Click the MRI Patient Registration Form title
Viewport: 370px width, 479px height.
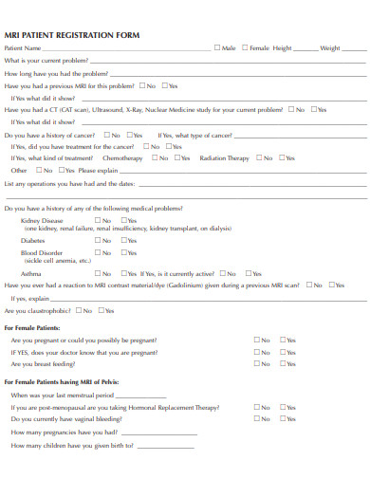72,34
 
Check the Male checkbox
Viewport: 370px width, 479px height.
217,46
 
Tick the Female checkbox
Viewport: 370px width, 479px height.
244,46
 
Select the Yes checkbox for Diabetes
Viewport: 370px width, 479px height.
122,240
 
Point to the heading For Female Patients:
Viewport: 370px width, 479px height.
32,326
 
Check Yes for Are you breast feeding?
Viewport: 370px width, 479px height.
282,363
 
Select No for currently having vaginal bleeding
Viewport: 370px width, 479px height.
255,417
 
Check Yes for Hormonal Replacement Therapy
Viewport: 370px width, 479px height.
282,405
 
